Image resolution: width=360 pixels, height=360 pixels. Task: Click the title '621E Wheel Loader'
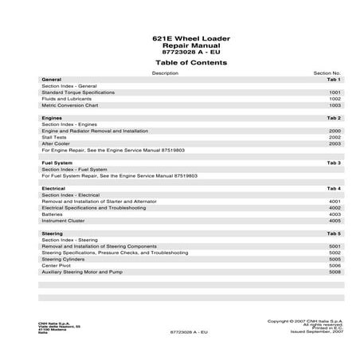pyautogui.click(x=179, y=38)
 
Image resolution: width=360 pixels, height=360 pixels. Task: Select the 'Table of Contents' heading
pyautogui.click(x=180, y=61)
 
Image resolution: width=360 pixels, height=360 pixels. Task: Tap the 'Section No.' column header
pyautogui.click(x=327, y=72)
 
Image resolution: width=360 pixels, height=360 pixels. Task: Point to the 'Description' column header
pyautogui.click(x=165, y=72)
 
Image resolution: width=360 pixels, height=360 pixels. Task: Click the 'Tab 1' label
pyautogui.click(x=334, y=80)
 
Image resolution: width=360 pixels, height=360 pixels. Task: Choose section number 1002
pyautogui.click(x=335, y=99)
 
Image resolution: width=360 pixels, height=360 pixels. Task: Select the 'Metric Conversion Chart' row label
pyautogui.click(x=69, y=105)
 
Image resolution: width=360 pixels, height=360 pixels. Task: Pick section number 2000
pyautogui.click(x=335, y=131)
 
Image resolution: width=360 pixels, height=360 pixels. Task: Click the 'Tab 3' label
pyautogui.click(x=334, y=162)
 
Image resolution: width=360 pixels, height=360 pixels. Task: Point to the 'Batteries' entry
pyautogui.click(x=53, y=213)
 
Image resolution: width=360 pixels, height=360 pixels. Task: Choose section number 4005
pyautogui.click(x=335, y=221)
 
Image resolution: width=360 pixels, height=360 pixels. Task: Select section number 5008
pyautogui.click(x=335, y=272)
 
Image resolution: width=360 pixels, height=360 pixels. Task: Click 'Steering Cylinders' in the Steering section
pyautogui.click(x=64, y=259)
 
